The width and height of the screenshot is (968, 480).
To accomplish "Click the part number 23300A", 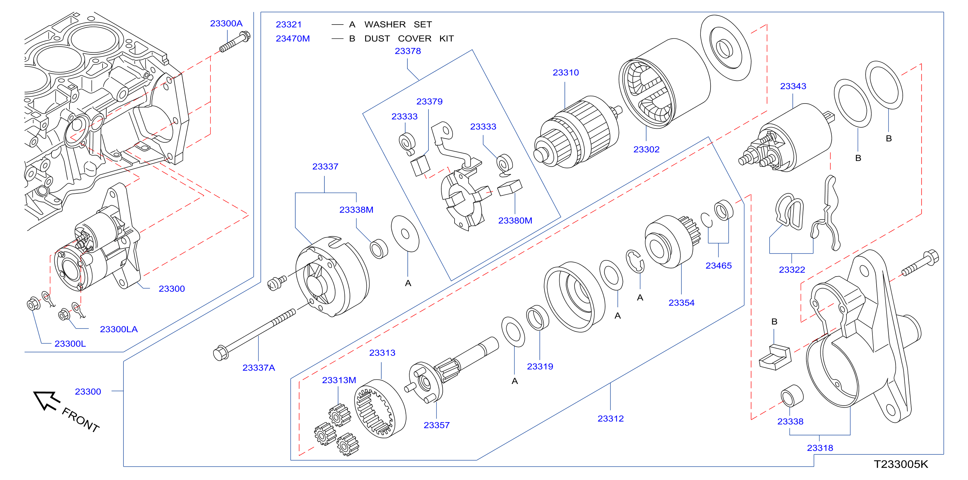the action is tap(226, 23).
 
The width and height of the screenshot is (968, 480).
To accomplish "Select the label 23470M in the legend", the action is tap(293, 38).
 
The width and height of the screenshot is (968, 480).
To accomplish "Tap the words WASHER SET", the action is tap(398, 25).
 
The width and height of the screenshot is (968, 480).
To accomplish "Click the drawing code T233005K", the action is tap(901, 464).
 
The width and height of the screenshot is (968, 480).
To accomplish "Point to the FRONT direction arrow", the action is tap(47, 400).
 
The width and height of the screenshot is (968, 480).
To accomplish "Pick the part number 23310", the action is tap(565, 72).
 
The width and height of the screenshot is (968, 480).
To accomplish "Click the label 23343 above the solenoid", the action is tap(793, 86).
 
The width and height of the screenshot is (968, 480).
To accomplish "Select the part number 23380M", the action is tap(515, 221).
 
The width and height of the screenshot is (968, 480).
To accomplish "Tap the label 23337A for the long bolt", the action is tap(258, 367).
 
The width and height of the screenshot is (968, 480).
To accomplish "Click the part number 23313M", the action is tap(339, 380).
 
